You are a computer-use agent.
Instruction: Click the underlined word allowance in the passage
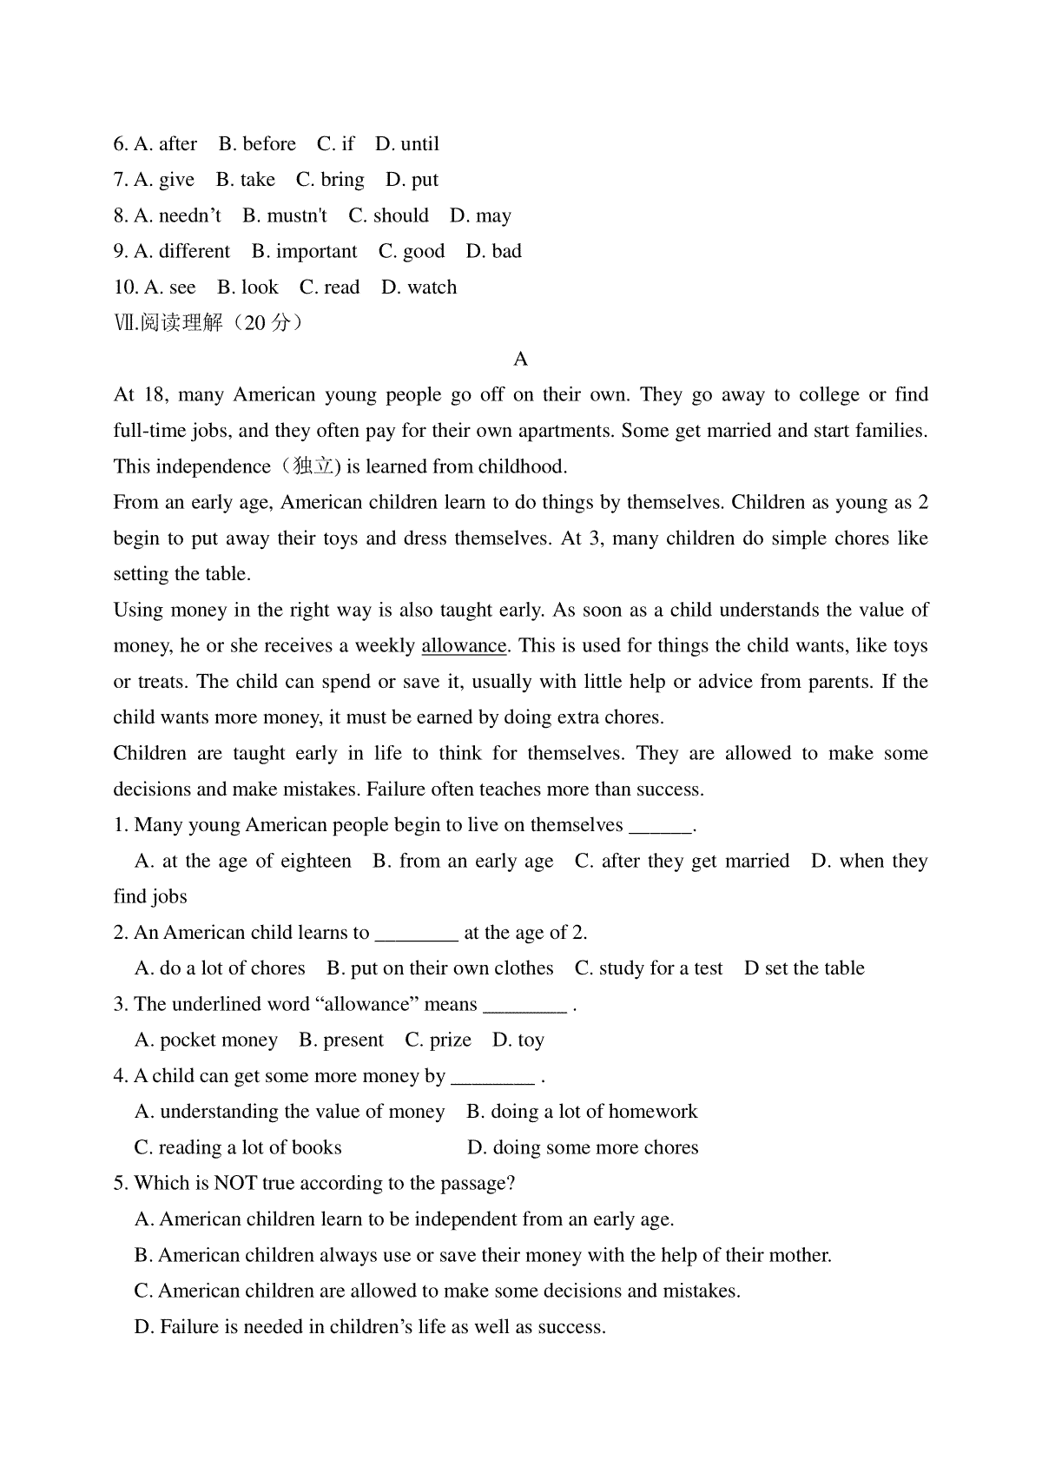click(x=464, y=646)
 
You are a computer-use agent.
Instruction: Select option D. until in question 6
click(x=407, y=144)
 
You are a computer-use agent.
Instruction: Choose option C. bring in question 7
click(x=330, y=180)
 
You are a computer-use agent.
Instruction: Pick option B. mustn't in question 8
click(x=285, y=215)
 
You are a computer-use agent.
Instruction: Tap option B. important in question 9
click(x=304, y=252)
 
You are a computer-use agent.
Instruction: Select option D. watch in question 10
click(x=419, y=287)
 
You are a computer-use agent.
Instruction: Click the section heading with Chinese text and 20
click(x=208, y=323)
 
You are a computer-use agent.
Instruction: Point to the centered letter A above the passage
click(x=521, y=360)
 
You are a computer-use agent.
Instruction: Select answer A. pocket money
click(x=206, y=1040)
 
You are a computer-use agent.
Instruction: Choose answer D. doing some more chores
click(x=583, y=1148)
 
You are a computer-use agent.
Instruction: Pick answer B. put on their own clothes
click(x=440, y=968)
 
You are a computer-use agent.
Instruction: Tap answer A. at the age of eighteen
click(x=243, y=862)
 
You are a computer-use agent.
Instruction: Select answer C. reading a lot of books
click(x=238, y=1148)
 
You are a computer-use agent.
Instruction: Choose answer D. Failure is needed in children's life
click(x=370, y=1327)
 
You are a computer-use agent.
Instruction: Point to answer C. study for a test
click(x=649, y=968)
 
